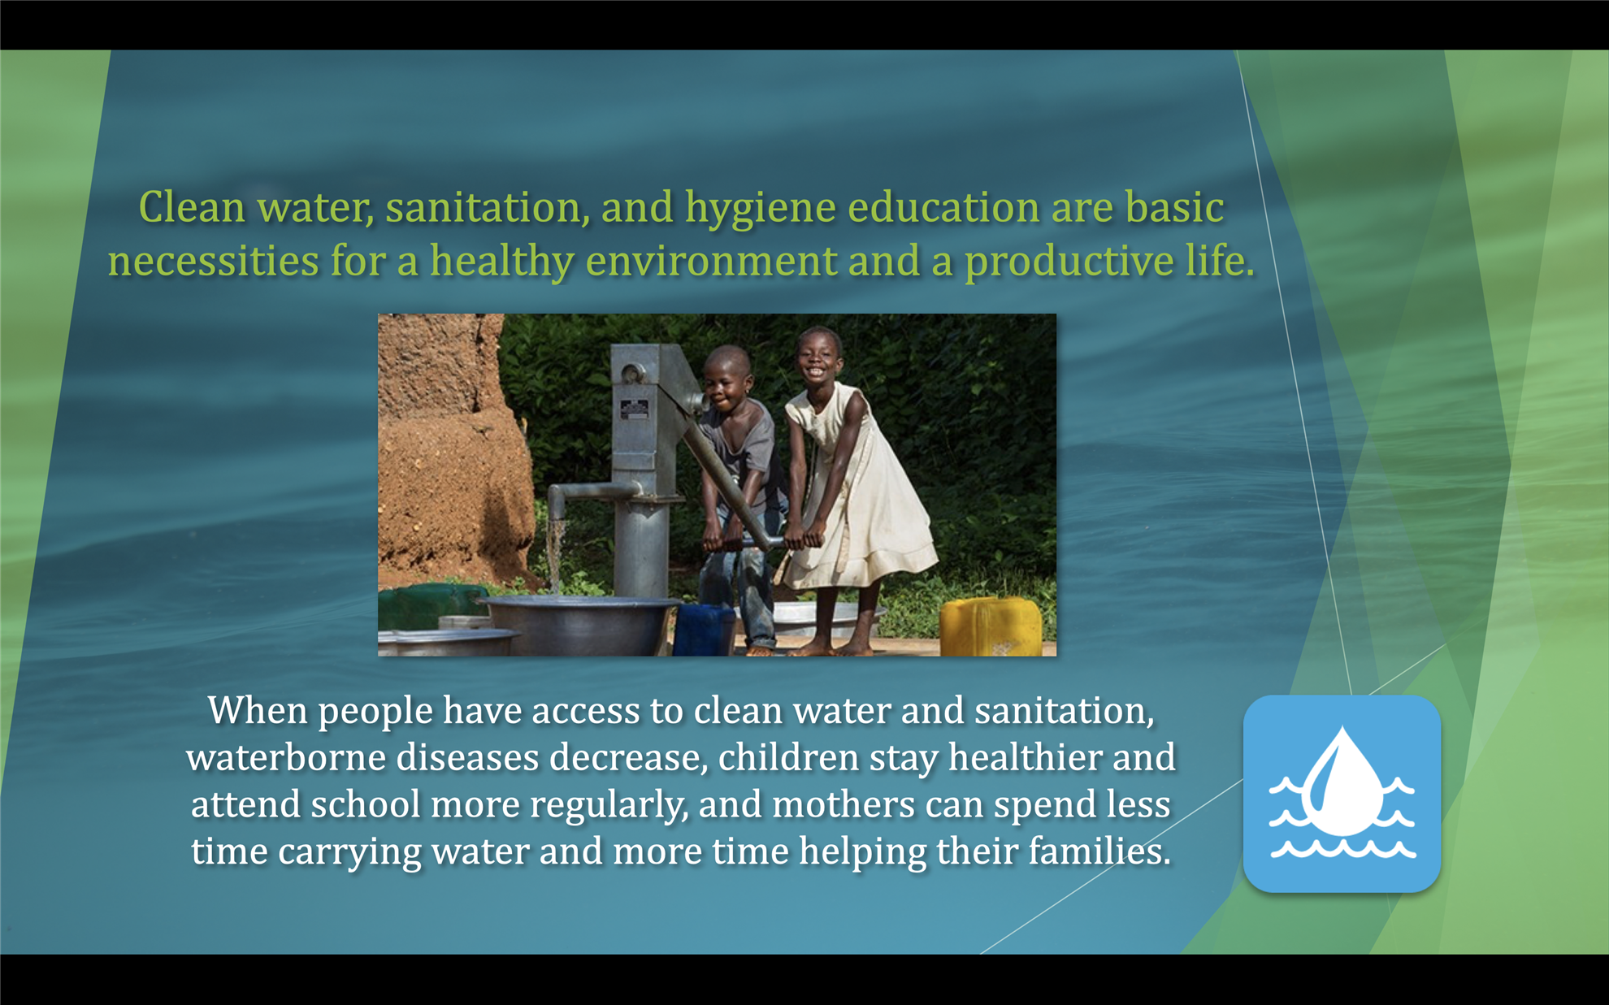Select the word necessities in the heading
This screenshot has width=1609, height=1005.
(213, 261)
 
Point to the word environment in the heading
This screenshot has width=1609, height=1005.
(711, 261)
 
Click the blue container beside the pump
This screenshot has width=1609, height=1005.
(704, 630)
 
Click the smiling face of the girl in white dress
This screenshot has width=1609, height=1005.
(819, 357)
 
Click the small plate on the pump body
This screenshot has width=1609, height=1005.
(635, 409)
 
